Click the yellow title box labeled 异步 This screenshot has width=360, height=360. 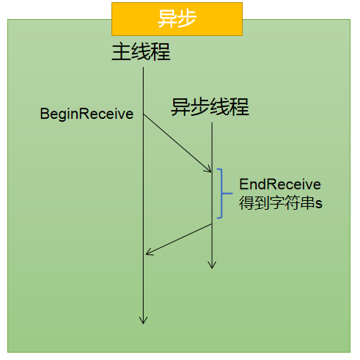point(177,19)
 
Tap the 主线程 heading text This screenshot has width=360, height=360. point(141,51)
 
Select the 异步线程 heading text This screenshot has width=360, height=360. point(210,107)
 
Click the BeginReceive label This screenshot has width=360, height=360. point(87,114)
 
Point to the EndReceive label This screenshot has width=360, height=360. point(280,184)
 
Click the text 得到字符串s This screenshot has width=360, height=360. point(281,202)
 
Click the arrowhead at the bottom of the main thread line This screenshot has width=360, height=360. point(143,320)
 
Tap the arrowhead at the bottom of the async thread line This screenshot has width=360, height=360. point(212,265)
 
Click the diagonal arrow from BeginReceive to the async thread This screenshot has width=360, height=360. point(177,143)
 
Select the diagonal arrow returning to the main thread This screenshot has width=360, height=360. point(179,239)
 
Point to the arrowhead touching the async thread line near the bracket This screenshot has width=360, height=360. point(208,169)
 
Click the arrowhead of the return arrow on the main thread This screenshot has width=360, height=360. point(149,252)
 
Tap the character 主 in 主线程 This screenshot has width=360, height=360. point(121,51)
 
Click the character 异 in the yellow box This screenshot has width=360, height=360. point(167,19)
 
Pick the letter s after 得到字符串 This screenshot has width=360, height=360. point(319,204)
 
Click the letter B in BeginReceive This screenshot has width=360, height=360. point(44,114)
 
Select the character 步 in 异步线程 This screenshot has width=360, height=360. point(200,107)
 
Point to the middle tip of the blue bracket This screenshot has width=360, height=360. point(232,194)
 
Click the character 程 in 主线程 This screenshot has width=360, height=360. point(161,51)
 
